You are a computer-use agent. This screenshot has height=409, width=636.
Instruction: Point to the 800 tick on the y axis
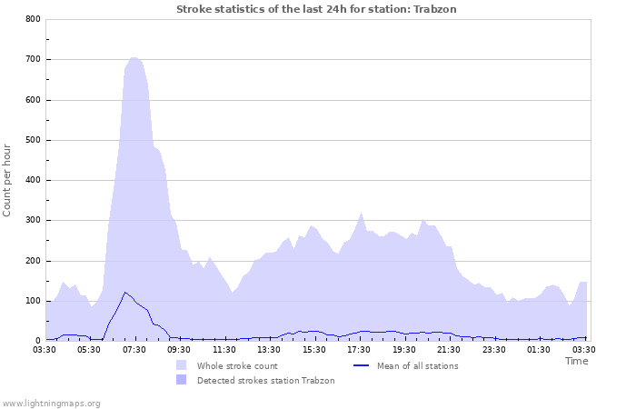click(32, 19)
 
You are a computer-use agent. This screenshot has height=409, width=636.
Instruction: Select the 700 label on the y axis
click(32, 60)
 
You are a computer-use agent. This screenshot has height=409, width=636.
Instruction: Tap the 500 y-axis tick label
click(32, 140)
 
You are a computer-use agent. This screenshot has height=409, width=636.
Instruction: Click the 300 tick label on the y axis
click(32, 221)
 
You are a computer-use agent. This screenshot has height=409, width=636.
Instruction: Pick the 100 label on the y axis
click(32, 301)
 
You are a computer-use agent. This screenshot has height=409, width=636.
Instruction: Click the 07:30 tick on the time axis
click(134, 349)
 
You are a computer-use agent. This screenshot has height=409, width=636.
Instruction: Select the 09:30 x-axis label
click(180, 349)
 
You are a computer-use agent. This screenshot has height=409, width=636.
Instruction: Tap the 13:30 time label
click(270, 349)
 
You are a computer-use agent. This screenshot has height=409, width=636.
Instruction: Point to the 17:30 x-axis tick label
click(360, 349)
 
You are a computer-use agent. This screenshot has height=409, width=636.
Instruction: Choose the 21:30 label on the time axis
click(450, 349)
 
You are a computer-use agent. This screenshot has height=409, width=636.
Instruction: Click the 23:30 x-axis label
click(494, 349)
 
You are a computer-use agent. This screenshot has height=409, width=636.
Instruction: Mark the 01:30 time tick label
click(540, 349)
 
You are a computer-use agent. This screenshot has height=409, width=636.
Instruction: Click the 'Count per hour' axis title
click(8, 179)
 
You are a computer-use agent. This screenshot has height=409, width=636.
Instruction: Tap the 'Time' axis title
click(576, 361)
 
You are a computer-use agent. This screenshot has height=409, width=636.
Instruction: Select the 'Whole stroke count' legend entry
click(236, 365)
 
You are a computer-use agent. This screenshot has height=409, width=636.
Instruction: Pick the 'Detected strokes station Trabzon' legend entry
click(265, 380)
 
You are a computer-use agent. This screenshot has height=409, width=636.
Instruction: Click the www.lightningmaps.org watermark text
click(51, 403)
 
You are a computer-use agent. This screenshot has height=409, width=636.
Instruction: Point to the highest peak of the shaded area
click(134, 57)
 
